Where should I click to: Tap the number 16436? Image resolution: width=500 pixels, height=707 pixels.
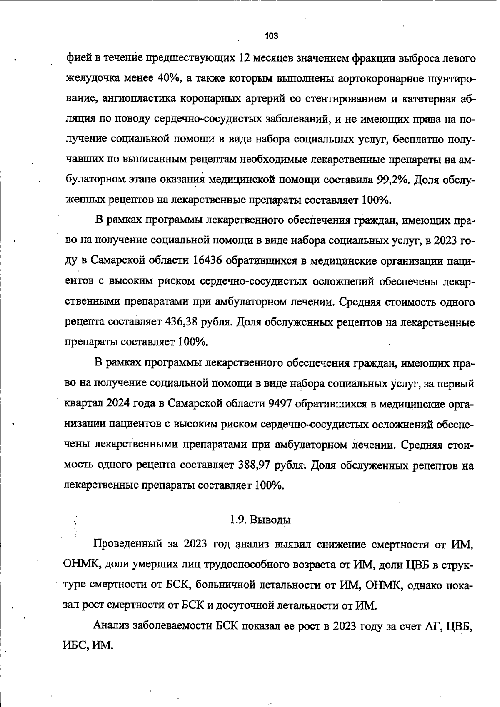pyautogui.click(x=207, y=261)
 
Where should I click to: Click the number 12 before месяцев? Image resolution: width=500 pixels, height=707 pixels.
pyautogui.click(x=244, y=58)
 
